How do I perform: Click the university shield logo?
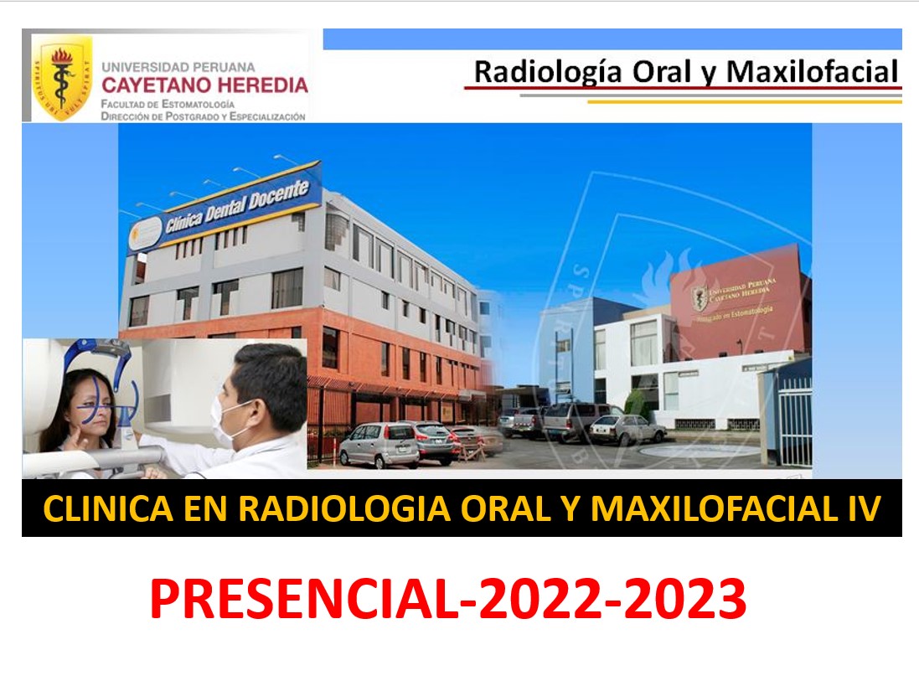[61, 77]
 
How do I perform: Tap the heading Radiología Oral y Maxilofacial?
[685, 72]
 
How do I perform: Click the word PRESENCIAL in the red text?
[302, 600]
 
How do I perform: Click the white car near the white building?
[627, 429]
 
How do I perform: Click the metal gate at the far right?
[794, 419]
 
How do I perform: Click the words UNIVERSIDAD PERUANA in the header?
[178, 66]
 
